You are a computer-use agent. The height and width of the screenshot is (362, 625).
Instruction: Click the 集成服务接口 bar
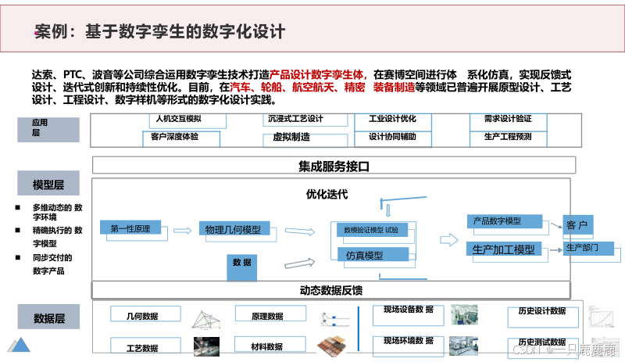click(334, 166)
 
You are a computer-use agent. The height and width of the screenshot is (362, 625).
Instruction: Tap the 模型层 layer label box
click(49, 185)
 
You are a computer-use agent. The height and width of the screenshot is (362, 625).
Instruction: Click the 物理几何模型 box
click(233, 230)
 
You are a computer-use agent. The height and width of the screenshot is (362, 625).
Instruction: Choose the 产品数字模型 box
click(506, 221)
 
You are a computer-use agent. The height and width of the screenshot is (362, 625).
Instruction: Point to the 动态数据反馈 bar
click(334, 290)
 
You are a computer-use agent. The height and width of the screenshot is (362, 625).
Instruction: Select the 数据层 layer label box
click(49, 318)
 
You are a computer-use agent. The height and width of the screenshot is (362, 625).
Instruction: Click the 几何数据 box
click(143, 316)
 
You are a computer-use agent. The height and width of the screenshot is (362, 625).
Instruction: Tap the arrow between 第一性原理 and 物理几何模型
click(182, 231)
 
